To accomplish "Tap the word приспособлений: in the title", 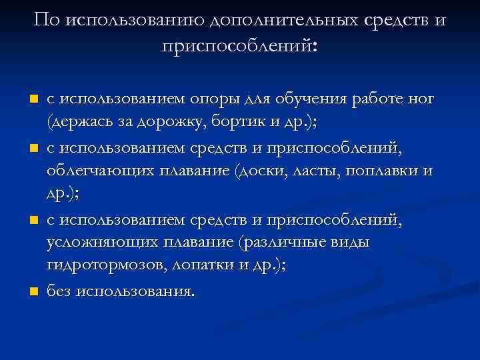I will click(240, 46).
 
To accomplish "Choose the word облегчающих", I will click(97, 171).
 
